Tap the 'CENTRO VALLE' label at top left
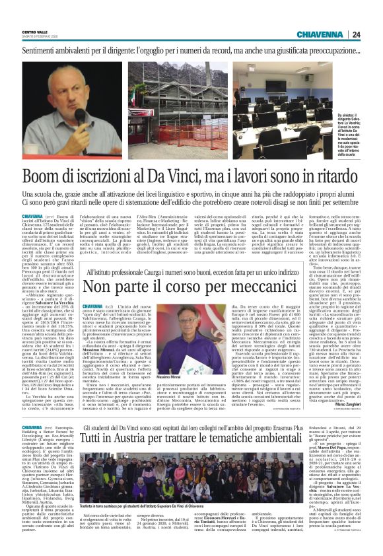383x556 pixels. click(x=35, y=32)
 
